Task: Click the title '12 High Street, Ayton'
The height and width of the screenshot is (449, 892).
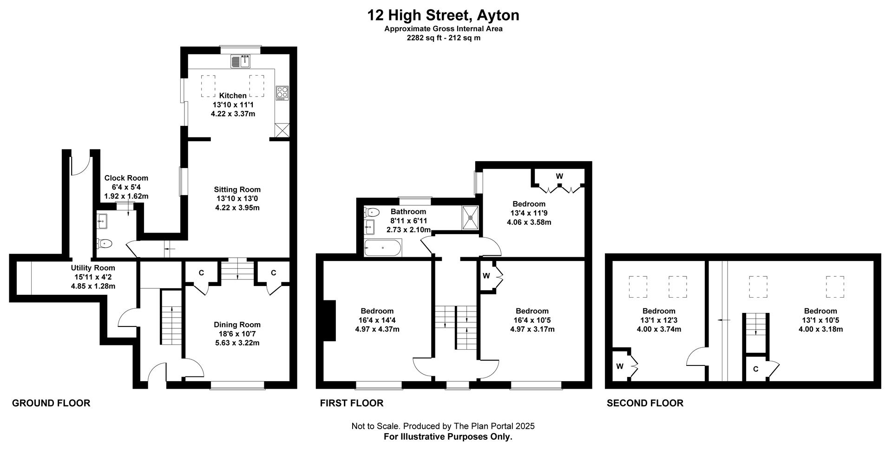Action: tap(443, 15)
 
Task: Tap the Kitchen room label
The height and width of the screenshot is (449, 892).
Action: tap(233, 96)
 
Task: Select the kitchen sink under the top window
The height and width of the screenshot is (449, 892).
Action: tap(241, 61)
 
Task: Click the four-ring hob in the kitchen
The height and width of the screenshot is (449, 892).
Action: tap(282, 93)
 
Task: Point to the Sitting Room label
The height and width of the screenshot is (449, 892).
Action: tap(237, 189)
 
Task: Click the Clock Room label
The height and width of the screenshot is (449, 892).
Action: tap(126, 178)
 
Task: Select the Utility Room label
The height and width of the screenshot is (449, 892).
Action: tap(93, 268)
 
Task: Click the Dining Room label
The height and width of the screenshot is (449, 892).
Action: tap(237, 325)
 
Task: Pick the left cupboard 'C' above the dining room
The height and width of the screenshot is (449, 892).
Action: tap(201, 273)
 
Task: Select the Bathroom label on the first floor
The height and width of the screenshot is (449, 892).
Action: tap(408, 212)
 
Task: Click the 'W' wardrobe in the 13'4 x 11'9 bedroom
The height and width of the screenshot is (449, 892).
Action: tap(559, 176)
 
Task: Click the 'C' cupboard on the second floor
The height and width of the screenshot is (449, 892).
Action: tap(756, 369)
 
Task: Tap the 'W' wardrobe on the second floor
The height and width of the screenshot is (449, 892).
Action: tap(620, 366)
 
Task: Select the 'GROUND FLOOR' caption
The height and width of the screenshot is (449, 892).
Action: tap(51, 403)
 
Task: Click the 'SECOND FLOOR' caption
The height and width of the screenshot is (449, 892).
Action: tap(645, 403)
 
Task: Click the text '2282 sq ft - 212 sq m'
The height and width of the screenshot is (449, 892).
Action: tap(443, 38)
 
